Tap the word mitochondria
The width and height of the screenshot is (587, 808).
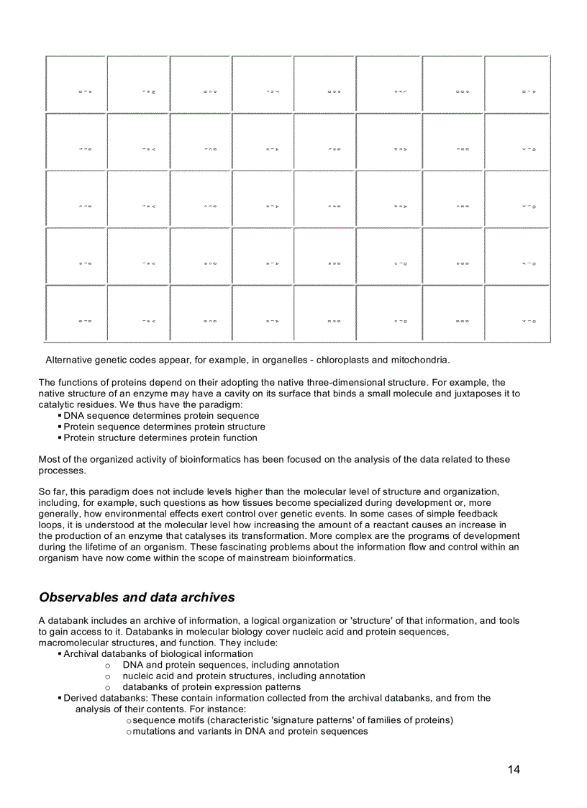(421, 360)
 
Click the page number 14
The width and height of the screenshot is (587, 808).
(514, 770)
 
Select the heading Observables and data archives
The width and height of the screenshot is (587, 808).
(137, 597)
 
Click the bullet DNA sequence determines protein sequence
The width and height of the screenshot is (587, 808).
(161, 416)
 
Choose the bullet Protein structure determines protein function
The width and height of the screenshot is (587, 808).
(160, 437)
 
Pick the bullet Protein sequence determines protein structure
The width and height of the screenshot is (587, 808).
(164, 427)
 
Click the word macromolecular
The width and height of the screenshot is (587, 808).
(75, 643)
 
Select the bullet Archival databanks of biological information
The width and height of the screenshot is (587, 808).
(158, 654)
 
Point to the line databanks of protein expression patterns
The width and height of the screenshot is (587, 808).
(211, 687)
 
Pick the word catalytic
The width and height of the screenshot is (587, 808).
(60, 404)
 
